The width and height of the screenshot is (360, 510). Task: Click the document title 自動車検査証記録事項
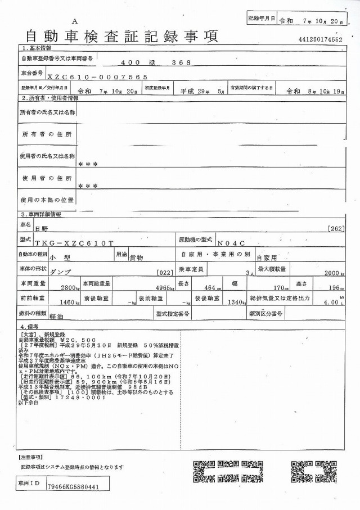121,37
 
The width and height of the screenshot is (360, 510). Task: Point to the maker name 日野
41,229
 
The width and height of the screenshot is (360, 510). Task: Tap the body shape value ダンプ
61,272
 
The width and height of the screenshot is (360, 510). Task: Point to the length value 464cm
210,287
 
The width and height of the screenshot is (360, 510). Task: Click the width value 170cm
274,287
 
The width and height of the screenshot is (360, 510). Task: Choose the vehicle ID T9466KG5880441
74,488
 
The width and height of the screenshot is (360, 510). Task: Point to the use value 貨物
137,256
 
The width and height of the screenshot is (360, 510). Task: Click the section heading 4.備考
29,326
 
